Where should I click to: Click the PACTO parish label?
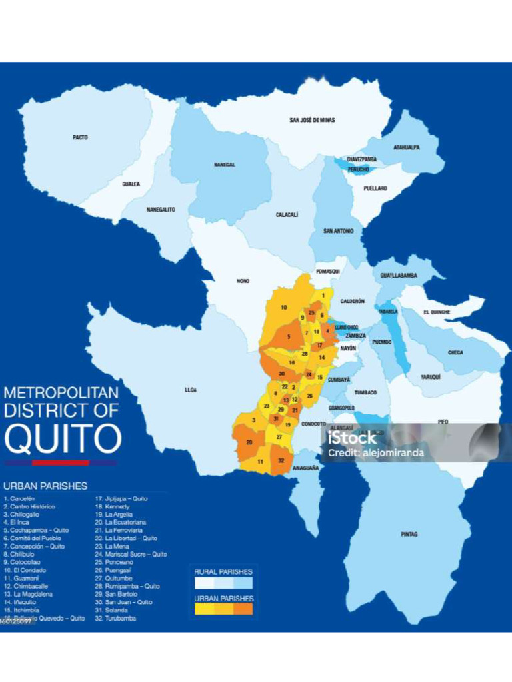(x=80, y=137)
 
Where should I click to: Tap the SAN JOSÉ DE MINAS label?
(x=312, y=120)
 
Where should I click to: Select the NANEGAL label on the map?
(x=225, y=165)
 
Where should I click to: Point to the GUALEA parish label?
(x=131, y=184)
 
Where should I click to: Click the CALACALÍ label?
(x=287, y=215)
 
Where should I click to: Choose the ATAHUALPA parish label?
(x=406, y=147)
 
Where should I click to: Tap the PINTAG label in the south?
(x=409, y=534)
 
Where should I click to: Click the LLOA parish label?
(x=191, y=389)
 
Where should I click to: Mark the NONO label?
(x=243, y=281)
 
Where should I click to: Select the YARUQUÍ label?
(x=430, y=377)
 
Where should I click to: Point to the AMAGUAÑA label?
(x=305, y=468)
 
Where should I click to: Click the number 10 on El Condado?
(x=283, y=307)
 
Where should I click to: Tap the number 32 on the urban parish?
(x=281, y=460)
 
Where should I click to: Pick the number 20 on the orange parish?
(x=249, y=442)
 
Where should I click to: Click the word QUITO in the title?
(x=63, y=438)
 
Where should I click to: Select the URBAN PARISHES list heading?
(x=45, y=486)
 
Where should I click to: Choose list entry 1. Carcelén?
(x=19, y=498)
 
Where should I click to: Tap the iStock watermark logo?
(x=352, y=438)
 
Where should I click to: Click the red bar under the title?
(x=60, y=462)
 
